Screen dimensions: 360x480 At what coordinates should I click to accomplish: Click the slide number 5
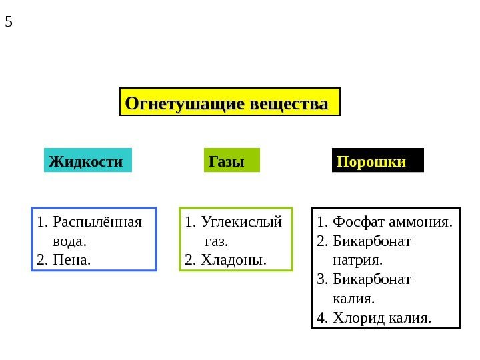point(9,21)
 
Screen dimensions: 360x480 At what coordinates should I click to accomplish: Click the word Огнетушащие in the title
point(183,105)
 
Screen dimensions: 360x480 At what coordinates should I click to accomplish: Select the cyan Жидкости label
point(87,161)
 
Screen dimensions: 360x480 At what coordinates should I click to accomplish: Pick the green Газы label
point(227,161)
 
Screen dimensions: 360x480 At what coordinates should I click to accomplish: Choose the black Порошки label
point(372,161)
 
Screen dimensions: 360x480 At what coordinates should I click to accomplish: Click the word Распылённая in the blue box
point(97,221)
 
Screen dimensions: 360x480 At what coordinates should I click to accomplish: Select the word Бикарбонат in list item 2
point(372,240)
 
